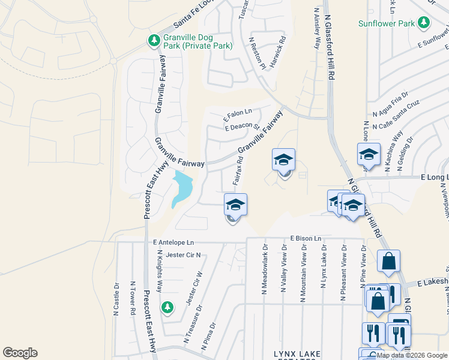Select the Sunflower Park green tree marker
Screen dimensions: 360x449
tap(424, 23)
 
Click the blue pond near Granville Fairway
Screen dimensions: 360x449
tap(182, 188)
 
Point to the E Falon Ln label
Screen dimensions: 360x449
tap(238, 114)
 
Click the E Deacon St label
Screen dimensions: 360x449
tap(241, 127)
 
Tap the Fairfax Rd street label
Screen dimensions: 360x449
tap(237, 170)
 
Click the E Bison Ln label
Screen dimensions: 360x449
tap(309, 238)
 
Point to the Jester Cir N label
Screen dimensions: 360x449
tap(182, 255)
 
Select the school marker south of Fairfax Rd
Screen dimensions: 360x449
tap(235, 205)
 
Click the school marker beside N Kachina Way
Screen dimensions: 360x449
tap(369, 154)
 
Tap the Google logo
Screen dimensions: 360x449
tap(20, 353)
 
